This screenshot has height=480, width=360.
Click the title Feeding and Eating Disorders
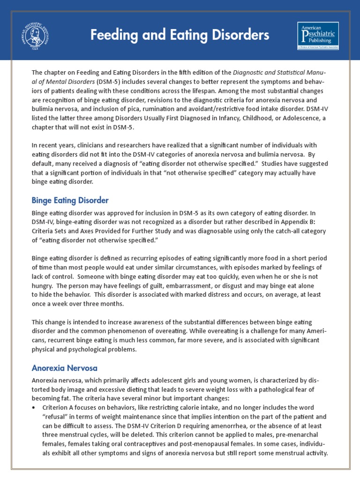pyautogui.click(x=180, y=35)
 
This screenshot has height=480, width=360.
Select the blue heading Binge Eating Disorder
pyautogui.click(x=70, y=201)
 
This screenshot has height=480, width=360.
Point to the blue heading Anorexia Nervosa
pyautogui.click(x=64, y=368)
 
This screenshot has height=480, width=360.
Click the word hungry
pyautogui.click(x=43, y=285)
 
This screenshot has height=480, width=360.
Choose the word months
pyautogui.click(x=123, y=303)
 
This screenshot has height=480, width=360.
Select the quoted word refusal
pyautogui.click(x=57, y=416)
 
